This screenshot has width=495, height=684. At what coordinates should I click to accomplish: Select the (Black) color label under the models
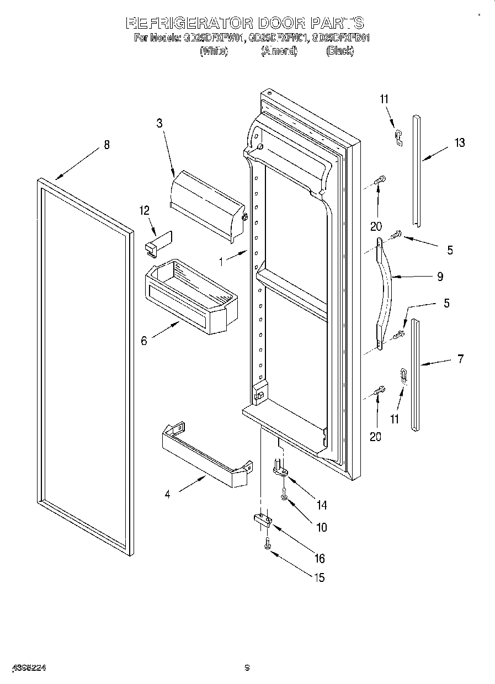pyautogui.click(x=339, y=51)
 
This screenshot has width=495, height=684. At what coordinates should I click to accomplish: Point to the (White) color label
pyautogui.click(x=214, y=51)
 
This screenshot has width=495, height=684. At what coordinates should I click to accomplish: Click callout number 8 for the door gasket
pyautogui.click(x=107, y=145)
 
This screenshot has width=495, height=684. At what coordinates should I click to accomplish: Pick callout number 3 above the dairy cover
pyautogui.click(x=159, y=123)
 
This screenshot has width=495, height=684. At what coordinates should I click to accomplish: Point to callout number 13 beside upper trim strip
pyautogui.click(x=459, y=143)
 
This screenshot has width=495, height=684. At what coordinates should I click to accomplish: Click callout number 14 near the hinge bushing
pyautogui.click(x=321, y=505)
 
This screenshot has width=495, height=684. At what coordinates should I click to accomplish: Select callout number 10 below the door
pyautogui.click(x=321, y=527)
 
